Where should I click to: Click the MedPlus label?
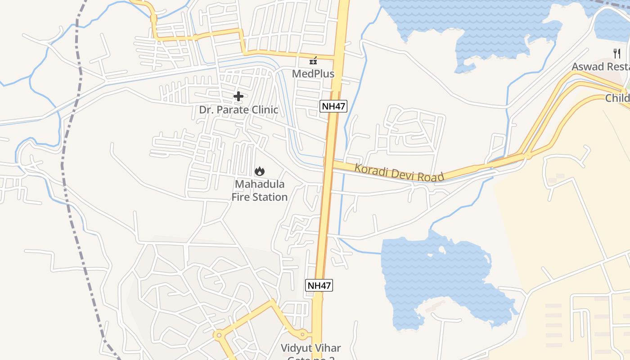coord(313,73)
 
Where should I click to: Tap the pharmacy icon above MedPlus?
coord(313,61)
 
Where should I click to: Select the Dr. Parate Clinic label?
coord(238,110)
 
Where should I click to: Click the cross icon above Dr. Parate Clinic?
coord(238,96)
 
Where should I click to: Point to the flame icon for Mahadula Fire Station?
coord(260,171)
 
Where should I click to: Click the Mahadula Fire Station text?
coord(260,191)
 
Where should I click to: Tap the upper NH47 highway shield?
coord(333,107)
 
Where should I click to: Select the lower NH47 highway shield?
coord(319,285)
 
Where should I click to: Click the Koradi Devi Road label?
coord(399,173)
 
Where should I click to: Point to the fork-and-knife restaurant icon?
coord(617,54)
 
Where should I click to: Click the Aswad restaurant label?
coord(600,67)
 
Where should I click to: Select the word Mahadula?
coord(260,184)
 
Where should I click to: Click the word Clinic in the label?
coord(264,110)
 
